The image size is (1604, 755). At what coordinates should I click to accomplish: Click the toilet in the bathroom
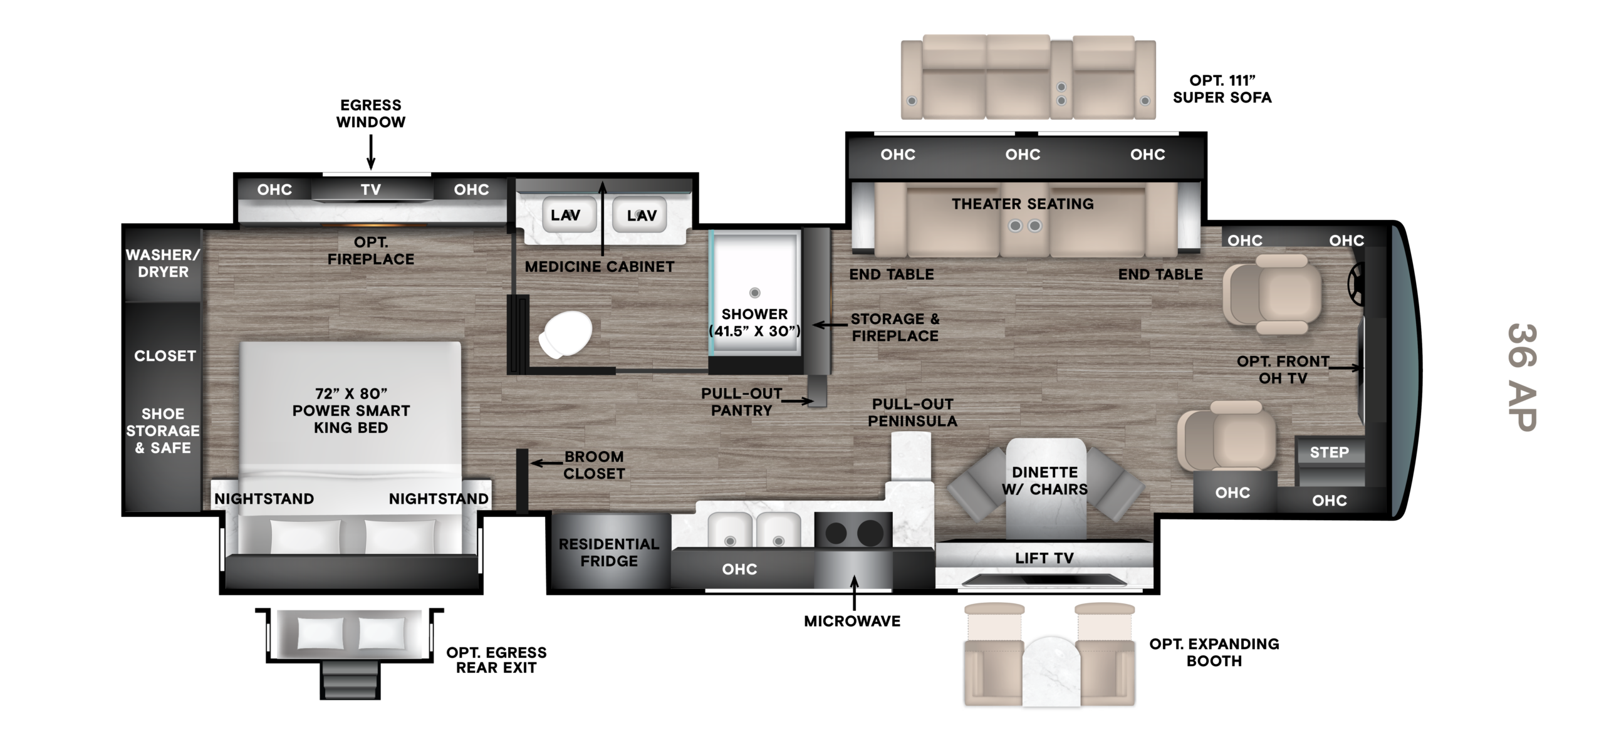coord(565,335)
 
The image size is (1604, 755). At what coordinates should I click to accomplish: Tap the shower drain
coord(755,293)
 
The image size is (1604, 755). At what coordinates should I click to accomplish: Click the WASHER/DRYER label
coord(163,263)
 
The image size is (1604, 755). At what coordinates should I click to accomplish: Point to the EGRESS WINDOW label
coord(371,113)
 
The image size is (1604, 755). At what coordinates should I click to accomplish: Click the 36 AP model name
coord(1522,377)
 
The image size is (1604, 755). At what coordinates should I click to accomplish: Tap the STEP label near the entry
coord(1330,452)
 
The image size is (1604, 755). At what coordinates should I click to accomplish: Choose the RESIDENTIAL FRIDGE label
coord(609,553)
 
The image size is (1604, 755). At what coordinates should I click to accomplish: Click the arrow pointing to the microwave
coord(855,593)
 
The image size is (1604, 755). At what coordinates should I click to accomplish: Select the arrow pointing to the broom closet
coord(546,464)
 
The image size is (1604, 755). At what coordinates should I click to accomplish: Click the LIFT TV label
coord(1044,558)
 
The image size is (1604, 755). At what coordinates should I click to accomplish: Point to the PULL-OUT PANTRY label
coord(742,402)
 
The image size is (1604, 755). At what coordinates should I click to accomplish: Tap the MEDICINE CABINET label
coord(600,266)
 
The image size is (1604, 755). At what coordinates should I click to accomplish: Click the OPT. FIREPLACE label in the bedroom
coord(371,251)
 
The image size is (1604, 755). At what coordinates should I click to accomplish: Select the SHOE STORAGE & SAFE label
coord(163,430)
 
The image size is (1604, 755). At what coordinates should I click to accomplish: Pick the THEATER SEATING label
coord(1023,204)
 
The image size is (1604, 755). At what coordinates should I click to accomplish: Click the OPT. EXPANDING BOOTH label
coord(1214,652)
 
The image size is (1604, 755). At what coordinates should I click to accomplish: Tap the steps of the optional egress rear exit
coord(350,681)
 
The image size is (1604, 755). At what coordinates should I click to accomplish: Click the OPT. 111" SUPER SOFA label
coord(1222,89)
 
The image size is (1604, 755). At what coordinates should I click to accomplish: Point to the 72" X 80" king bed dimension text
coord(351,393)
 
